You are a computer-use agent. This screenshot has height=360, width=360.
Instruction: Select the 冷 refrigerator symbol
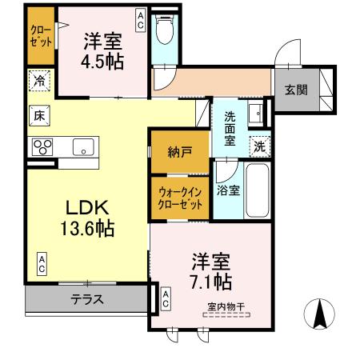click(x=39, y=81)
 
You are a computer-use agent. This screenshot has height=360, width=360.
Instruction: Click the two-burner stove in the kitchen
click(x=42, y=146)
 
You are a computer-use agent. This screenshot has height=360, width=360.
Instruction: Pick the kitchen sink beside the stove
click(x=83, y=146)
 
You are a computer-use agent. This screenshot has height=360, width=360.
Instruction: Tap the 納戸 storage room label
click(x=179, y=152)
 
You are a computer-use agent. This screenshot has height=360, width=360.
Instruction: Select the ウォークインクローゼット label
click(x=180, y=197)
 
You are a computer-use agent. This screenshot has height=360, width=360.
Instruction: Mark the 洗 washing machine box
click(x=258, y=146)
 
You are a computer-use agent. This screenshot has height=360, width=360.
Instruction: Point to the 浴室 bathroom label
click(x=227, y=190)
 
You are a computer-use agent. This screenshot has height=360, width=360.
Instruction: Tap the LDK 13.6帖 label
click(x=86, y=217)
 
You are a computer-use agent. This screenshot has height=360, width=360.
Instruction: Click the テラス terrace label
click(x=87, y=299)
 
